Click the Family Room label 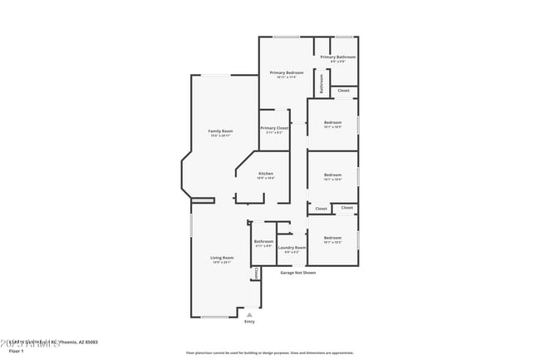point(220,131)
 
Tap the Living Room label point(222,258)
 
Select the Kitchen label point(266,174)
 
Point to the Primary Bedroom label point(287,73)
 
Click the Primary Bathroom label point(338,57)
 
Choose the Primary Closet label point(274,128)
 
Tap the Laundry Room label point(292,247)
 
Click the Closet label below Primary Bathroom point(344,91)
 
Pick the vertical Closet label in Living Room point(256,274)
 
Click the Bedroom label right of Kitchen point(332,175)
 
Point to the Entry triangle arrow point(249,314)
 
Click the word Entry point(249,322)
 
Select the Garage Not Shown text point(297,273)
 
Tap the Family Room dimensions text point(220,136)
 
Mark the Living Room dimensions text point(222,262)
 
